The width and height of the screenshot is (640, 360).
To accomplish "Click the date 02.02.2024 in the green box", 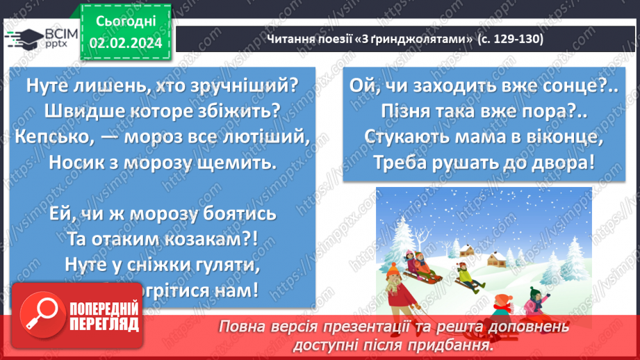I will pyautogui.click(x=125, y=43).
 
